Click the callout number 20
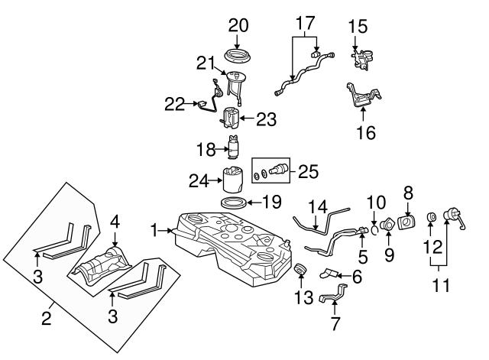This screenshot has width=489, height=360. click(x=238, y=24)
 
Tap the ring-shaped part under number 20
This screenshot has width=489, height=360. click(x=238, y=56)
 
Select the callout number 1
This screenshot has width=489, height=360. click(x=155, y=229)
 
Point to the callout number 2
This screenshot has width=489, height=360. click(x=46, y=315)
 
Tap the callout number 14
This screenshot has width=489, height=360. click(x=317, y=206)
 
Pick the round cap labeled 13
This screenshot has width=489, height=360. click(x=300, y=270)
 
